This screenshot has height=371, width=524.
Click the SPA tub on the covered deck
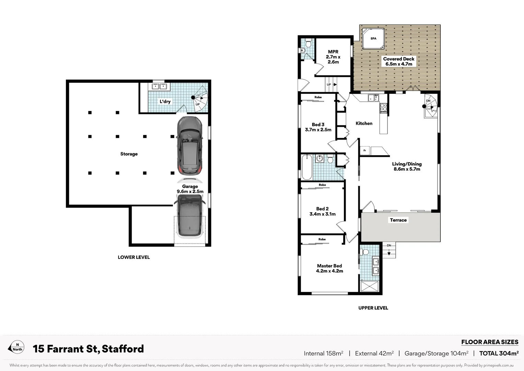pos(373,39)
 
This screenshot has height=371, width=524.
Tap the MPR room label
pos(333,52)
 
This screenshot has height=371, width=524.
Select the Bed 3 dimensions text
pos(318,130)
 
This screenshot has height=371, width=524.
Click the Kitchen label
pos(364,123)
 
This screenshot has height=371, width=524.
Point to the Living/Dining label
pos(407,164)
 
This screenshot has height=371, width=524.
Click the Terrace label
pos(398,220)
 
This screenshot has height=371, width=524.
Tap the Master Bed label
pos(329,266)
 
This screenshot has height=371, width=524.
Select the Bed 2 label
pos(322,209)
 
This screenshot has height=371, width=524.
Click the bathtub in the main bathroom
pos(307,167)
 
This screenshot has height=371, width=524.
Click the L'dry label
pos(165,102)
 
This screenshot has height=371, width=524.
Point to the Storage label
pos(129,154)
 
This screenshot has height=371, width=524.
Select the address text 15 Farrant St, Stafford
pos(88,349)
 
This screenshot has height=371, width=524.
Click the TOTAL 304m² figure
pos(499,353)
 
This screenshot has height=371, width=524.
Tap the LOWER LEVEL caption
pos(134,257)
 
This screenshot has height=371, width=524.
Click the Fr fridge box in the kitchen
pos(365,150)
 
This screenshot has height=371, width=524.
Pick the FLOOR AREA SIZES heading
pos(489,342)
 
